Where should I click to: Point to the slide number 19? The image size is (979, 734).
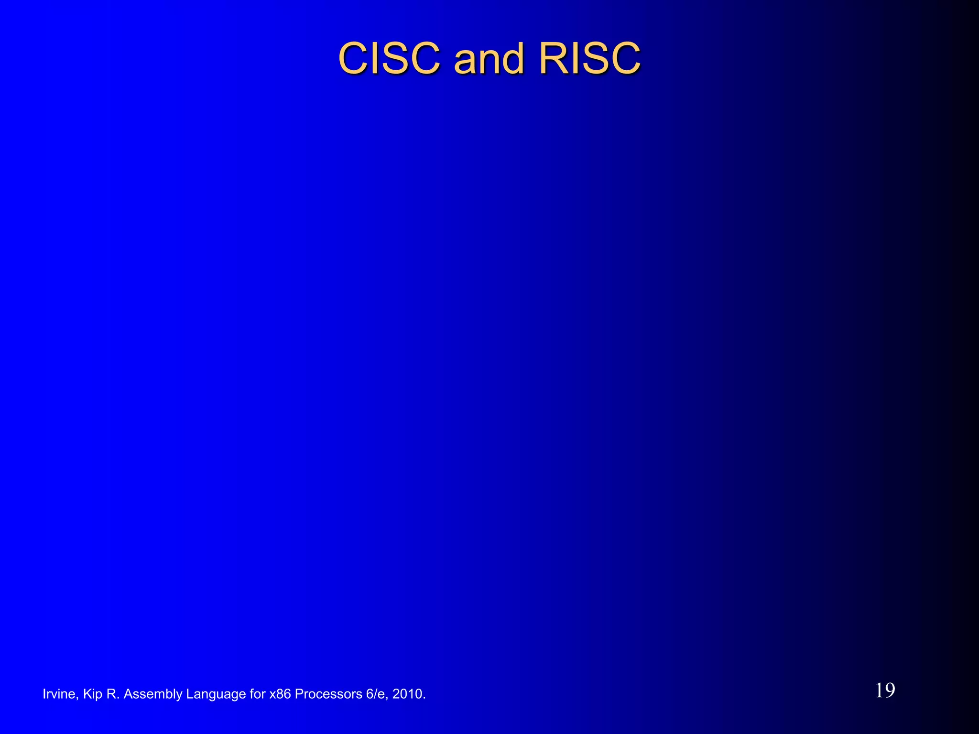coord(885,691)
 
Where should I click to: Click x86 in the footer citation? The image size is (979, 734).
coord(280,694)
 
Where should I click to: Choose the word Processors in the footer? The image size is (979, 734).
coord(328,694)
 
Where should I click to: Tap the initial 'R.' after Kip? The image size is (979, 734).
coord(113,694)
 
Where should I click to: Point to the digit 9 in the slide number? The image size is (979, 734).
coord(890,691)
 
